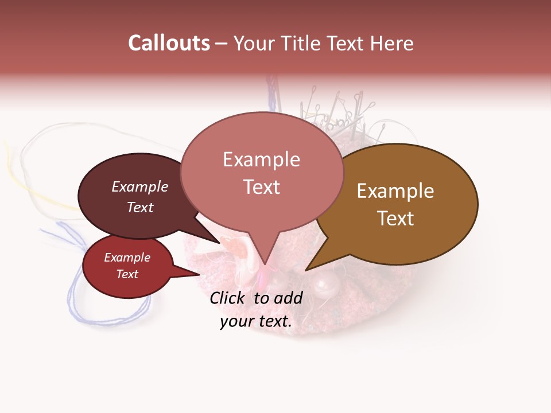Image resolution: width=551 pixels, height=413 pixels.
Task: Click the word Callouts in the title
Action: click(169, 43)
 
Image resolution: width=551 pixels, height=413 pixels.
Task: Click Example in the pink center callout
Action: click(261, 159)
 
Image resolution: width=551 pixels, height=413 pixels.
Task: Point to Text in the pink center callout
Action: click(261, 187)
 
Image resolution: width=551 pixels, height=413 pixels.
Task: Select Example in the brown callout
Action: click(395, 191)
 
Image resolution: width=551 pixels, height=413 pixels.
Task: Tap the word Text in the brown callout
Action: click(395, 219)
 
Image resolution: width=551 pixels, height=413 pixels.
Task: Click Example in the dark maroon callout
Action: click(140, 186)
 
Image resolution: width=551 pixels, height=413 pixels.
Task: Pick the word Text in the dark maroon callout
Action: click(140, 207)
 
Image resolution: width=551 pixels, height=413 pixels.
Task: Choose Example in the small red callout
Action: click(127, 258)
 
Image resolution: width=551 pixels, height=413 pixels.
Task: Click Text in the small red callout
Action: click(127, 274)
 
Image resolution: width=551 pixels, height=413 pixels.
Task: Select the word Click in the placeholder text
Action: click(227, 298)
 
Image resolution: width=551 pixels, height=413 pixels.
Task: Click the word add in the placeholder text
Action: click(288, 298)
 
